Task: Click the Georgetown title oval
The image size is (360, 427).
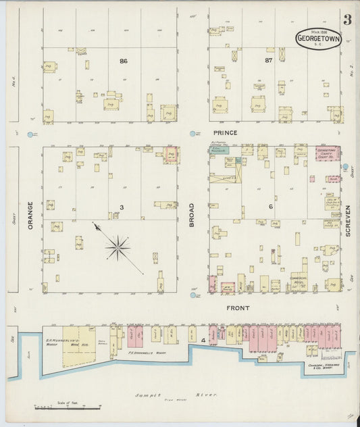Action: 318,37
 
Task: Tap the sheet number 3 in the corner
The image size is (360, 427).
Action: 346,20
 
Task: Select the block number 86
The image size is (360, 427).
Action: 123,61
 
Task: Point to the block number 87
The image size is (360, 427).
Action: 268,61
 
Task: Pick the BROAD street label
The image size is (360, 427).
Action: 192,214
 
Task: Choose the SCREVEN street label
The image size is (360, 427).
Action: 349,220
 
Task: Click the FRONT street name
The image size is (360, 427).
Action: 238,308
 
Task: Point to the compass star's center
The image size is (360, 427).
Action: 118,247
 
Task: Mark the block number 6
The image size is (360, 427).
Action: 271,206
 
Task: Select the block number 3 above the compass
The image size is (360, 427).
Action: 122,207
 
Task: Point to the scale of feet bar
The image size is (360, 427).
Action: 68,407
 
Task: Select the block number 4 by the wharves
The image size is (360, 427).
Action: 203,340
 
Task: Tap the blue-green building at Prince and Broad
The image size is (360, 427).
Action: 218,150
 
